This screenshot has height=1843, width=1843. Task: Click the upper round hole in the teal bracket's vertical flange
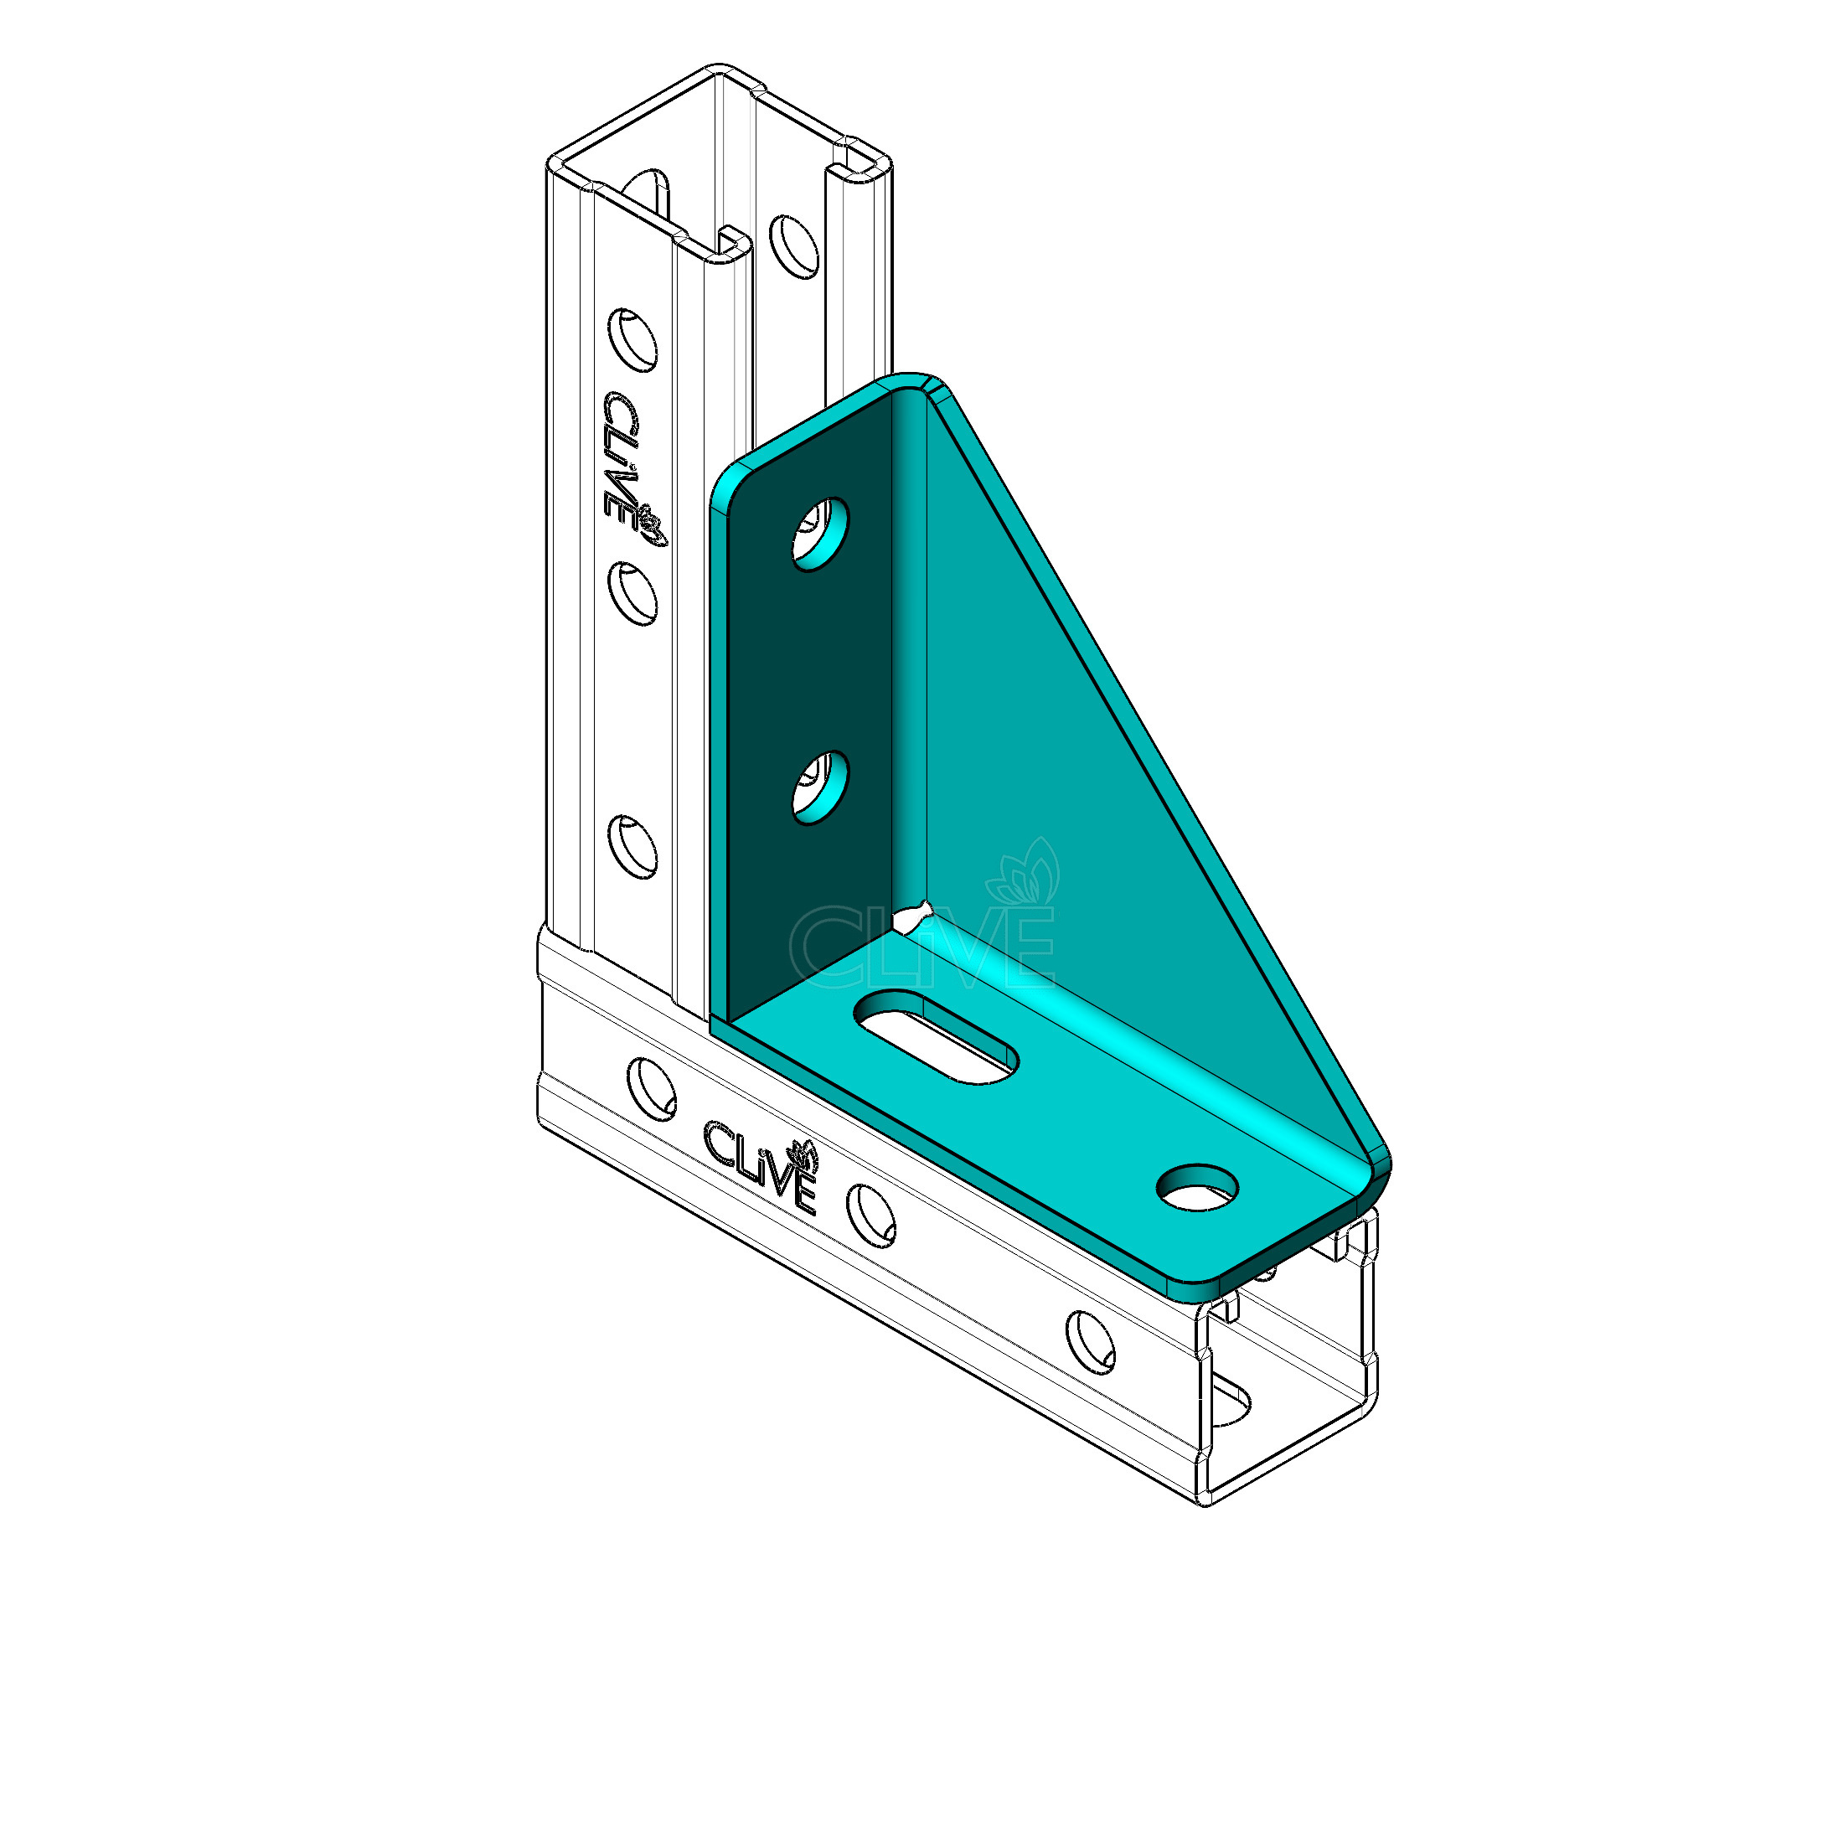[820, 534]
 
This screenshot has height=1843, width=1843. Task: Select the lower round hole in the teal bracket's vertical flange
[820, 788]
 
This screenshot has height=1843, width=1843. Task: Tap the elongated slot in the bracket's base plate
[936, 1036]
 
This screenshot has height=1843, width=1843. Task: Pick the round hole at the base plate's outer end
[1197, 1188]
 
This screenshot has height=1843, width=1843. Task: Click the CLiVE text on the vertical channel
[621, 455]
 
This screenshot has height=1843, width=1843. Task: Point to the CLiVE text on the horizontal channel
[759, 1167]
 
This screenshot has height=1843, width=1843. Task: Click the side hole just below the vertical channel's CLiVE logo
[633, 593]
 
